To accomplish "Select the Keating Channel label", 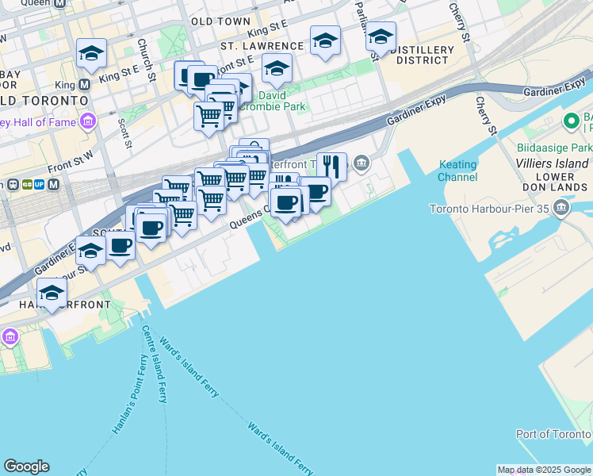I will tap(457, 171).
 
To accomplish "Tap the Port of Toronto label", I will tap(552, 434).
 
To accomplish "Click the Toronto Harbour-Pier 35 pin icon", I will tap(562, 209).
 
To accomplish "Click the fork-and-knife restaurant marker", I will tap(332, 167).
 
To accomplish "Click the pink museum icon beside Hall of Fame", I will tap(86, 122).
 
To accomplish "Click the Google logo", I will tap(26, 466).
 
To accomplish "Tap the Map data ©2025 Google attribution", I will tap(544, 470).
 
